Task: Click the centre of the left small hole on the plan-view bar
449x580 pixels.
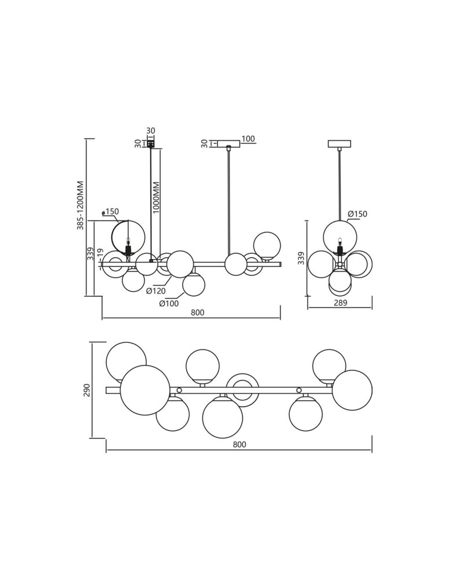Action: click(x=179, y=390)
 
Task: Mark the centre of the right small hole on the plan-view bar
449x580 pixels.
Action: click(x=299, y=390)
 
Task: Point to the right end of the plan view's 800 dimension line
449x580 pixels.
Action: click(x=372, y=451)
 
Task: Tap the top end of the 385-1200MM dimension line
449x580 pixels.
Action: click(x=86, y=139)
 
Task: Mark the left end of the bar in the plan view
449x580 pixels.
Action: click(x=106, y=390)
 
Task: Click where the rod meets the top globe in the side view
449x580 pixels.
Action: click(x=340, y=220)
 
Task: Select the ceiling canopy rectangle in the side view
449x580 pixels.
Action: click(x=339, y=143)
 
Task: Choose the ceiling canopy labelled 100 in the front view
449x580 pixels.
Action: click(x=229, y=143)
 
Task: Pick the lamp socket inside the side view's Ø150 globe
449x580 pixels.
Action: click(x=339, y=246)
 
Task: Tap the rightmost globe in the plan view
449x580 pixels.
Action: click(x=353, y=390)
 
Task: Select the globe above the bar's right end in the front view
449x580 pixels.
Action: click(x=267, y=245)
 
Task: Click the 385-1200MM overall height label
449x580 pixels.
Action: click(x=81, y=205)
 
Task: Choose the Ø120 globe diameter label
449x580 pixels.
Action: click(x=155, y=291)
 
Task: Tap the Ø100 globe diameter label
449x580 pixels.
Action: click(x=169, y=303)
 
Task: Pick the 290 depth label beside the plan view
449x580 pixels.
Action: click(x=87, y=390)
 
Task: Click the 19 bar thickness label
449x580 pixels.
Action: click(x=99, y=255)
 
